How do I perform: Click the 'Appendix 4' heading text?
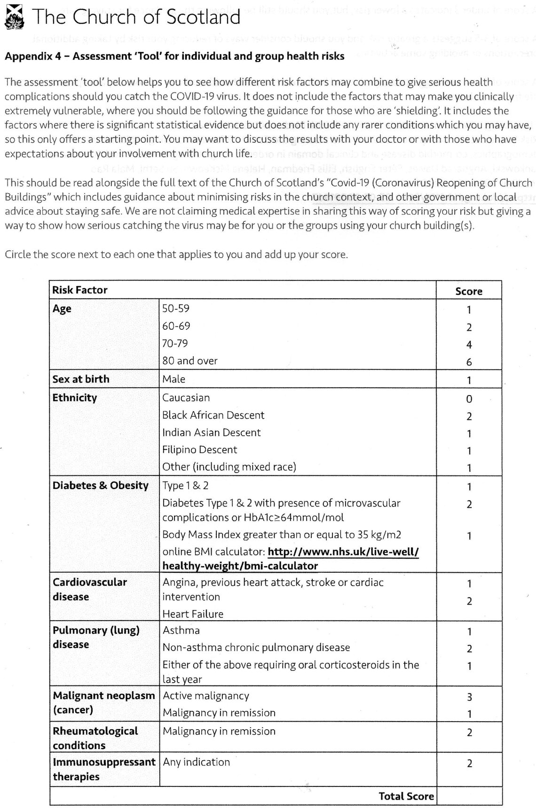[x=174, y=56]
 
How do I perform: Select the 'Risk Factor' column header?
[x=80, y=290]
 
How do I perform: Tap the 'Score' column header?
[x=469, y=291]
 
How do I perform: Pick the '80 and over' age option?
[x=190, y=361]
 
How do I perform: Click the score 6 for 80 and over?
[x=469, y=362]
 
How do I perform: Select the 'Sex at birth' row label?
[x=81, y=379]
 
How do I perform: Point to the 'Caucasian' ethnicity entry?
[x=186, y=397]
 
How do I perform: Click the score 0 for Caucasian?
[x=469, y=399]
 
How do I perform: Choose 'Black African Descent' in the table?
[x=213, y=415]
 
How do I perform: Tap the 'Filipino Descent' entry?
[x=200, y=450]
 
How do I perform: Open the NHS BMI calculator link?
[x=290, y=559]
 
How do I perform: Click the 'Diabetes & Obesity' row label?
[x=101, y=485]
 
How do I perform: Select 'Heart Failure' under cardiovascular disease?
[x=193, y=614]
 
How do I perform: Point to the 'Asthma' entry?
[x=181, y=630]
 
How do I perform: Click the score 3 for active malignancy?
[x=469, y=697]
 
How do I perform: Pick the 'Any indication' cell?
[x=197, y=762]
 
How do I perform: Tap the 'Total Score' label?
[x=406, y=796]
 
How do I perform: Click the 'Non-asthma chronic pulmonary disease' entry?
[x=256, y=647]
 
